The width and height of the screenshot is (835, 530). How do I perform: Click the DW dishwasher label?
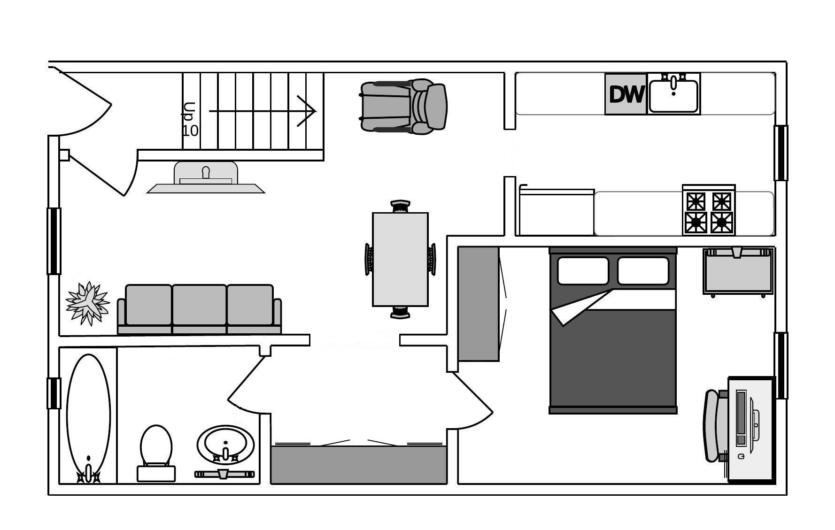coord(626,94)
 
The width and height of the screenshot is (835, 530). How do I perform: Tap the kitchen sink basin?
coord(674,97)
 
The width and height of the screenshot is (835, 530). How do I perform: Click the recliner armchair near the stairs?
coord(404,107)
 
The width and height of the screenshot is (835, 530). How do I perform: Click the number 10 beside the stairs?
coord(190,131)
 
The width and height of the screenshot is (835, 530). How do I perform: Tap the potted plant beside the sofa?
coord(87,303)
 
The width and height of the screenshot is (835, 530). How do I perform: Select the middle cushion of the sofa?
coord(199,305)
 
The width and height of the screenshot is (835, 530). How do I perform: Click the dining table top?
coord(400,259)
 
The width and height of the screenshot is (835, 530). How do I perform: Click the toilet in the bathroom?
coord(156,451)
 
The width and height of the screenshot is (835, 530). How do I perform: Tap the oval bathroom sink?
coord(225,444)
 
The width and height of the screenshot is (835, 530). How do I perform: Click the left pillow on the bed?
coord(583,271)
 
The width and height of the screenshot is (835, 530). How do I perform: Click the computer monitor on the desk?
coord(742,418)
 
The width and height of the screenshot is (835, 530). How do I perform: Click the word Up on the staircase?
coord(189,112)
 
